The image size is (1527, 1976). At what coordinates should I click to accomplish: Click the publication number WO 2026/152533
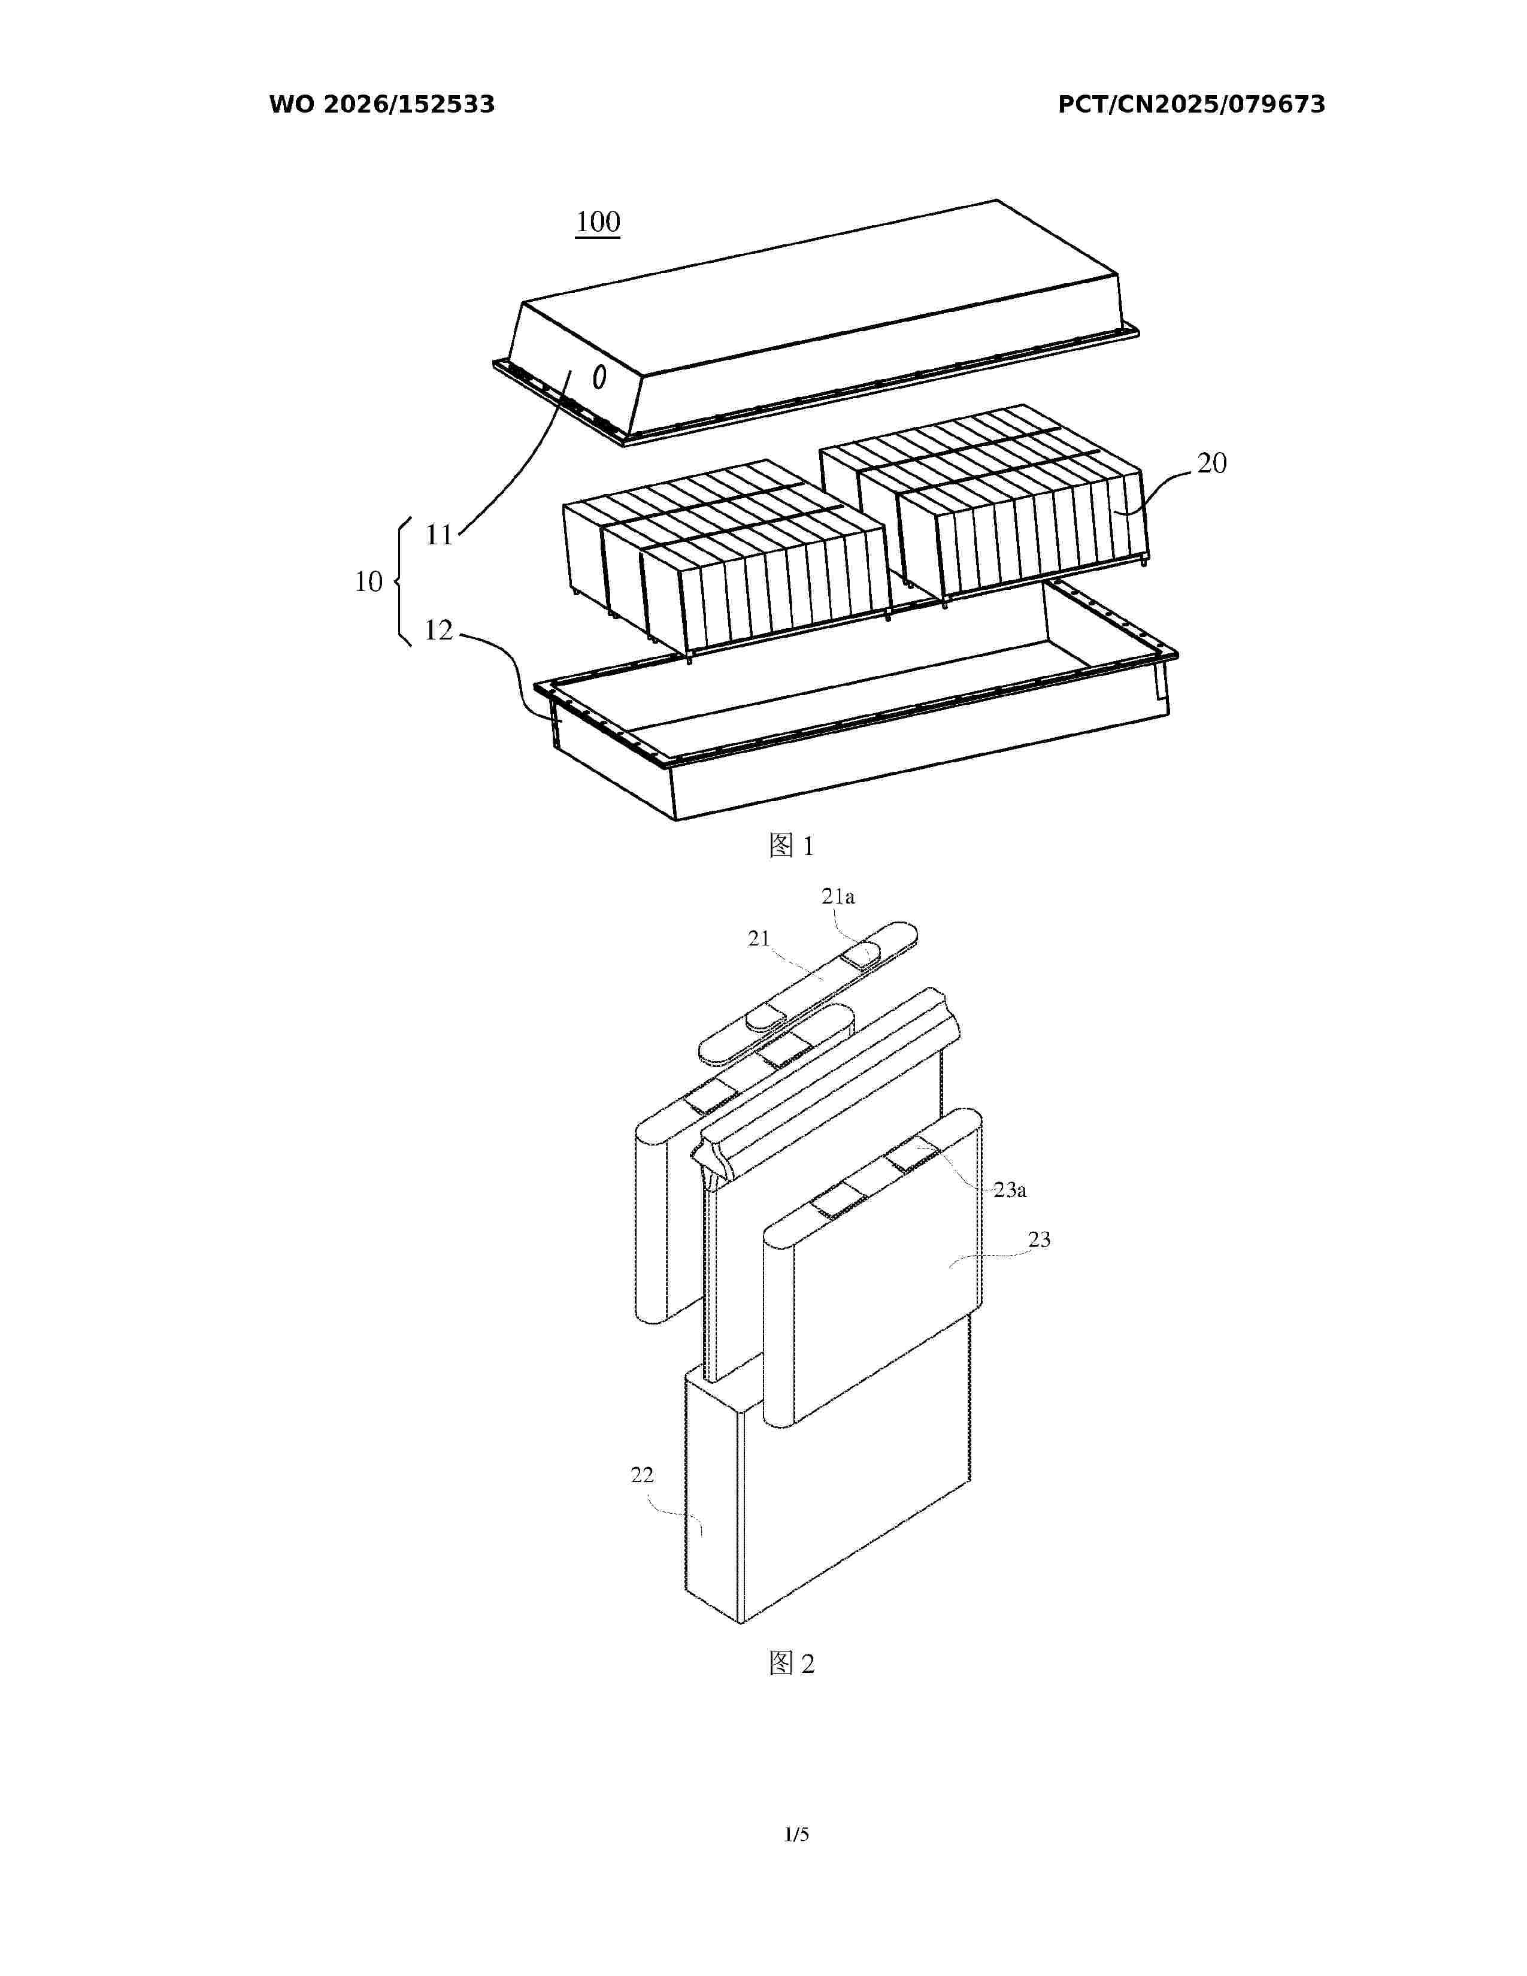point(382,105)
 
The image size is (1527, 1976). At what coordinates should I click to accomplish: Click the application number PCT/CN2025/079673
point(1192,105)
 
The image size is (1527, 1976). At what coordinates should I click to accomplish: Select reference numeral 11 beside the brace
point(439,536)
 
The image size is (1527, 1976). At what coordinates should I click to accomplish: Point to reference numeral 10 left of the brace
point(368,582)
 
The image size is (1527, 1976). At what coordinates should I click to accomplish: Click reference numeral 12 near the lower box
point(439,630)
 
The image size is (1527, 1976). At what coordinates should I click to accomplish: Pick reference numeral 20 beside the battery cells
point(1212,463)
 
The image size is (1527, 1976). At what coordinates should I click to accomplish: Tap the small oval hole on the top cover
point(599,377)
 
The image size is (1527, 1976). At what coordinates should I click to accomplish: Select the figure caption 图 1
point(792,846)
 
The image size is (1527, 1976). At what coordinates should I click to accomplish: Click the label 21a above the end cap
point(838,896)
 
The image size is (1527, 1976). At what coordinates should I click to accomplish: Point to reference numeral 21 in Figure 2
point(758,938)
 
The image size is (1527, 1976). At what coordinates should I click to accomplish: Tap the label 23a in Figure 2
point(1010,1190)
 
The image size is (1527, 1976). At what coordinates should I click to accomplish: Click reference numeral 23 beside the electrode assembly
point(1040,1239)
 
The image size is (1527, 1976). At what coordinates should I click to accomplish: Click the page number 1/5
point(796,1834)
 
